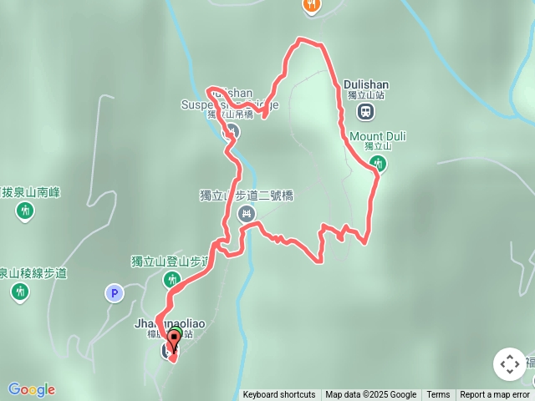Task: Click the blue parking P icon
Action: pyautogui.click(x=115, y=292)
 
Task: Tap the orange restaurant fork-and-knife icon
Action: pyautogui.click(x=311, y=5)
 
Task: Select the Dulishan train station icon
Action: pyautogui.click(x=365, y=111)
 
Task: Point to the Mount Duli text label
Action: pyautogui.click(x=378, y=135)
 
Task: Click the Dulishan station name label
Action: pyautogui.click(x=366, y=84)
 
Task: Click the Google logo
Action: pyautogui.click(x=32, y=389)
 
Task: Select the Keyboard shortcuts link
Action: pyautogui.click(x=279, y=395)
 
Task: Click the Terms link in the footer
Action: pyautogui.click(x=438, y=395)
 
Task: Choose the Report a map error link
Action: pyautogui.click(x=495, y=395)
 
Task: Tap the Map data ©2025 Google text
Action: pyautogui.click(x=371, y=395)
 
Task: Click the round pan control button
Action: pyautogui.click(x=510, y=364)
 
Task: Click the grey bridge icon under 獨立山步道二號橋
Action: pyautogui.click(x=246, y=215)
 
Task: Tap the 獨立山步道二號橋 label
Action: pyautogui.click(x=247, y=195)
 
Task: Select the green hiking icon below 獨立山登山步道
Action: pyautogui.click(x=171, y=279)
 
